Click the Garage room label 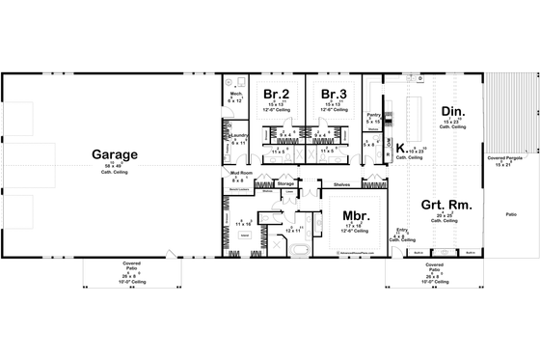tap(114, 154)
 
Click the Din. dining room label tap(452, 112)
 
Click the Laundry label tap(239, 137)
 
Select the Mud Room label tap(241, 173)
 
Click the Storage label tap(285, 182)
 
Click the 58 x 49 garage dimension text tap(114, 167)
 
